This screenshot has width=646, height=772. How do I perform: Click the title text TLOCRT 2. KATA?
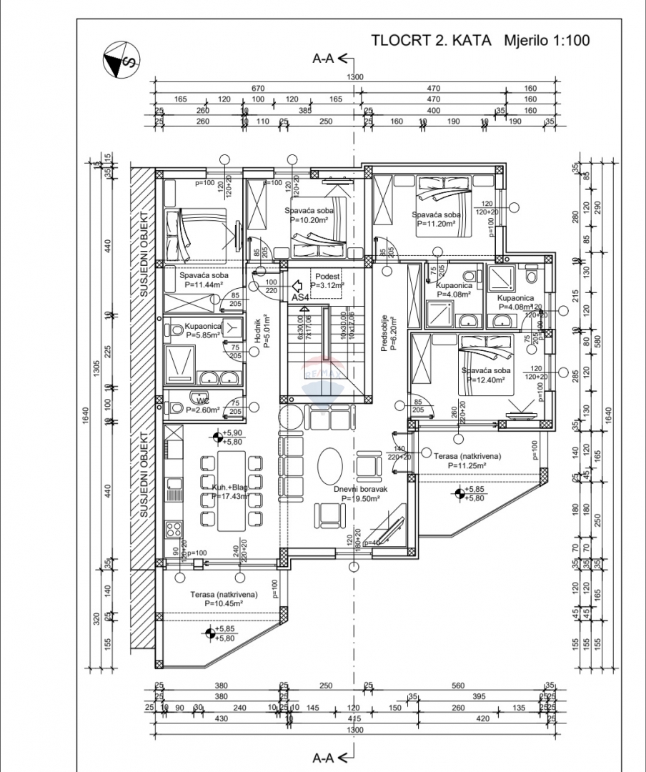tap(432, 41)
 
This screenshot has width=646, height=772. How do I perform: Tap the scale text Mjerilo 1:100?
tap(547, 41)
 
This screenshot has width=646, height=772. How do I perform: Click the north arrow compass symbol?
tap(120, 61)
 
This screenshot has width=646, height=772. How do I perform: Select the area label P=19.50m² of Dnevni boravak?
tap(360, 499)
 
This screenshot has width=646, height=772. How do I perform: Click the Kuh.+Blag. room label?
tap(230, 488)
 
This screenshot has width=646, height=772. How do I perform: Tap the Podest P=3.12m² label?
tap(327, 279)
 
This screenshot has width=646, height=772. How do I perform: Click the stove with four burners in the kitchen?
tap(174, 530)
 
